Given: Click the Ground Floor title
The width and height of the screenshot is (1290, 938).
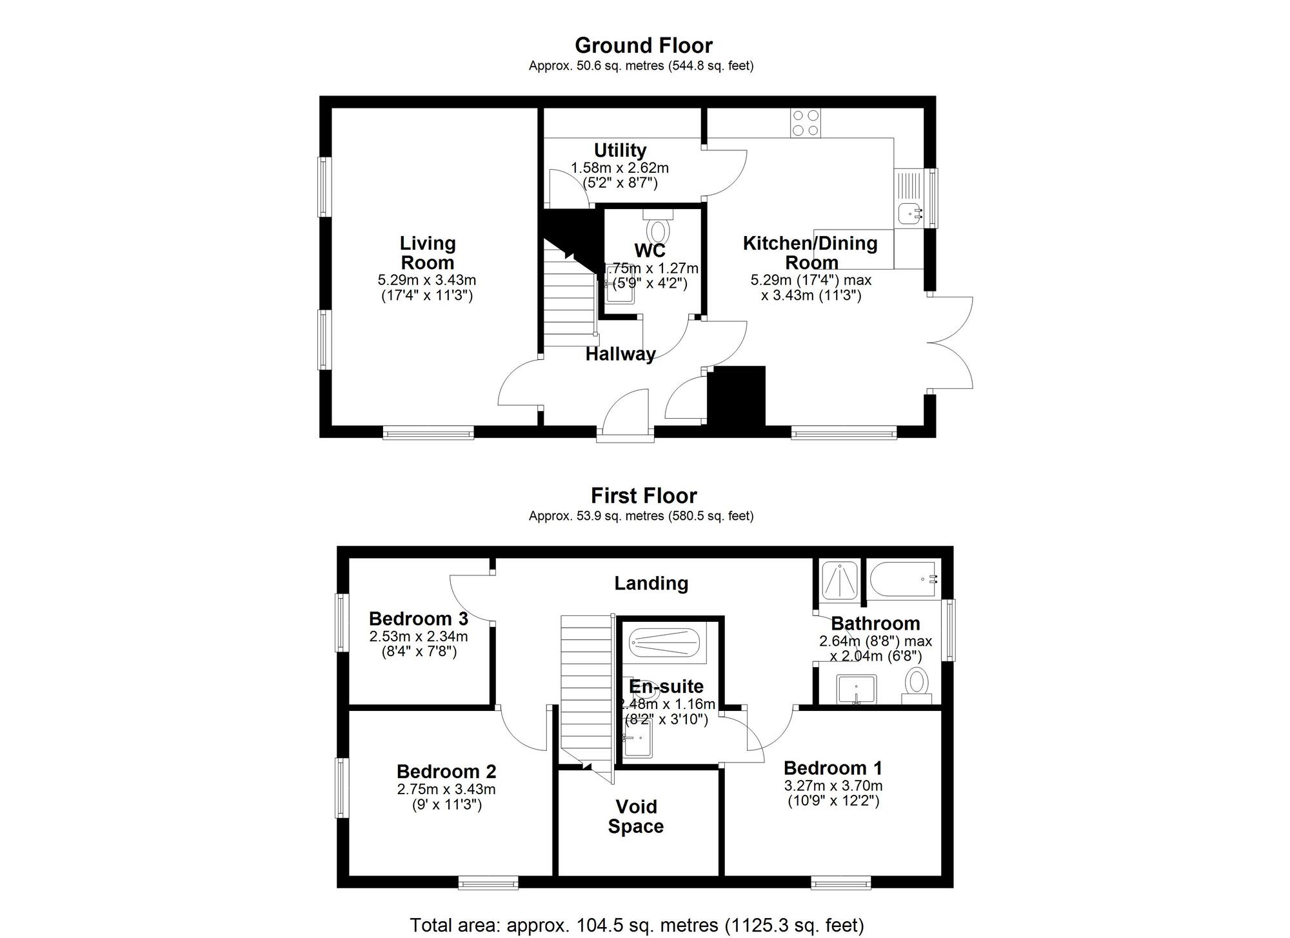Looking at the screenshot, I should (644, 46).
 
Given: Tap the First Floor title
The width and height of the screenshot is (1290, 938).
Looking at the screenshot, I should (644, 495).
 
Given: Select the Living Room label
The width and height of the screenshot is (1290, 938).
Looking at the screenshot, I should (427, 253).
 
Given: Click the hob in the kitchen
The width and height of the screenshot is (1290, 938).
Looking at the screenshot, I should (806, 123).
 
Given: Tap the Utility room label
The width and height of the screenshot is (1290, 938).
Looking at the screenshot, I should (620, 150).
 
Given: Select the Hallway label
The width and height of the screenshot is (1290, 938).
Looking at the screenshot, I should (620, 354).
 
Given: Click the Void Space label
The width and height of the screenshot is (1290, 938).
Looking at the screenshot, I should (636, 816).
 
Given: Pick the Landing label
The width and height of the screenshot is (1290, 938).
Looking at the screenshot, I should (651, 583).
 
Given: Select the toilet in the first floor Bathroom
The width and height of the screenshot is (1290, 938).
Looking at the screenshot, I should (917, 684).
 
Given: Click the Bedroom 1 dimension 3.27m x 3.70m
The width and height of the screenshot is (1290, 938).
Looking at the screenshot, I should (833, 786).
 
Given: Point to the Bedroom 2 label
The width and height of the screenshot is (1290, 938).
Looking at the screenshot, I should (446, 772).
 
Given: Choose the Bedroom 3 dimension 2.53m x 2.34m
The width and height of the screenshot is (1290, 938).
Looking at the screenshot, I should (419, 637).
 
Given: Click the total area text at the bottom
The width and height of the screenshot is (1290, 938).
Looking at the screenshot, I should (637, 925).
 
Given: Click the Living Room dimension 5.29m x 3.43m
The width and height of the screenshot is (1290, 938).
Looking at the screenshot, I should (427, 281).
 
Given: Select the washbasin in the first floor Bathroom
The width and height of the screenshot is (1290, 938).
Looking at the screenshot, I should (857, 690).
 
